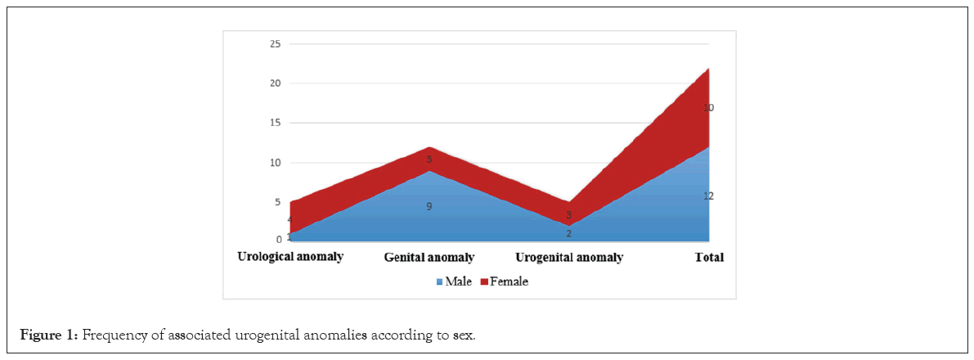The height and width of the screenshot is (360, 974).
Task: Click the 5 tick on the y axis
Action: tap(278, 202)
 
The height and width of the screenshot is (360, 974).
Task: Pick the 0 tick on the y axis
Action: tap(278, 240)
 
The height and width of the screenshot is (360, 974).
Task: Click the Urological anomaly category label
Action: tap(290, 257)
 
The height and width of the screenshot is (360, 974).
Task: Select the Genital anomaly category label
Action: tap(429, 258)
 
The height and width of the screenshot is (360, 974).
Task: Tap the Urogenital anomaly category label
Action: tap(568, 258)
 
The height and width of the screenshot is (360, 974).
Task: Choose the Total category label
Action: tap(709, 258)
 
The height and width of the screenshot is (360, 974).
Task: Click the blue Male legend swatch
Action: tap(439, 282)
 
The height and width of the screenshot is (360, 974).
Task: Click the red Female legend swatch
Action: tap(483, 282)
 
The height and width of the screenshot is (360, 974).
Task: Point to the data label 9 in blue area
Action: tap(429, 207)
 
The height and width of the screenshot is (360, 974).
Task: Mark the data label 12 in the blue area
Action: tap(708, 196)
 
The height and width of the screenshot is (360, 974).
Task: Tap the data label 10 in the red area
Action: tap(708, 108)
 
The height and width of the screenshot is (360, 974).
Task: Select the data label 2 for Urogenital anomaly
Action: tap(568, 233)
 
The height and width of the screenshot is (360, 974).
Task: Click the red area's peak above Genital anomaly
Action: tap(429, 149)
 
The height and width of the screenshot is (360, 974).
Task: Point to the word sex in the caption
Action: tap(464, 335)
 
